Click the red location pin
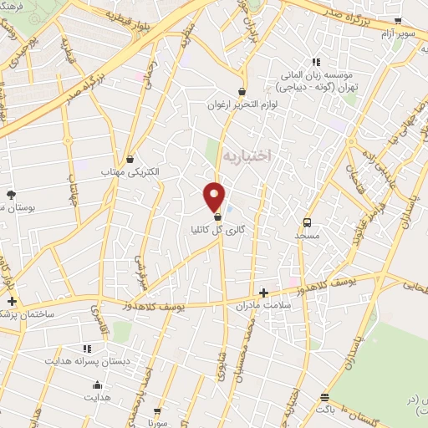(215, 196)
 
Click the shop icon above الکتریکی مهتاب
(130, 159)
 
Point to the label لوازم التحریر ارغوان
(242, 106)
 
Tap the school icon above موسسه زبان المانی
(316, 62)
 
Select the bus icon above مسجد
(307, 222)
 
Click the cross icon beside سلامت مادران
(264, 293)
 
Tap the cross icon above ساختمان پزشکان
(11, 300)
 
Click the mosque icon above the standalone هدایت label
(98, 385)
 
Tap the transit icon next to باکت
(324, 398)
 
